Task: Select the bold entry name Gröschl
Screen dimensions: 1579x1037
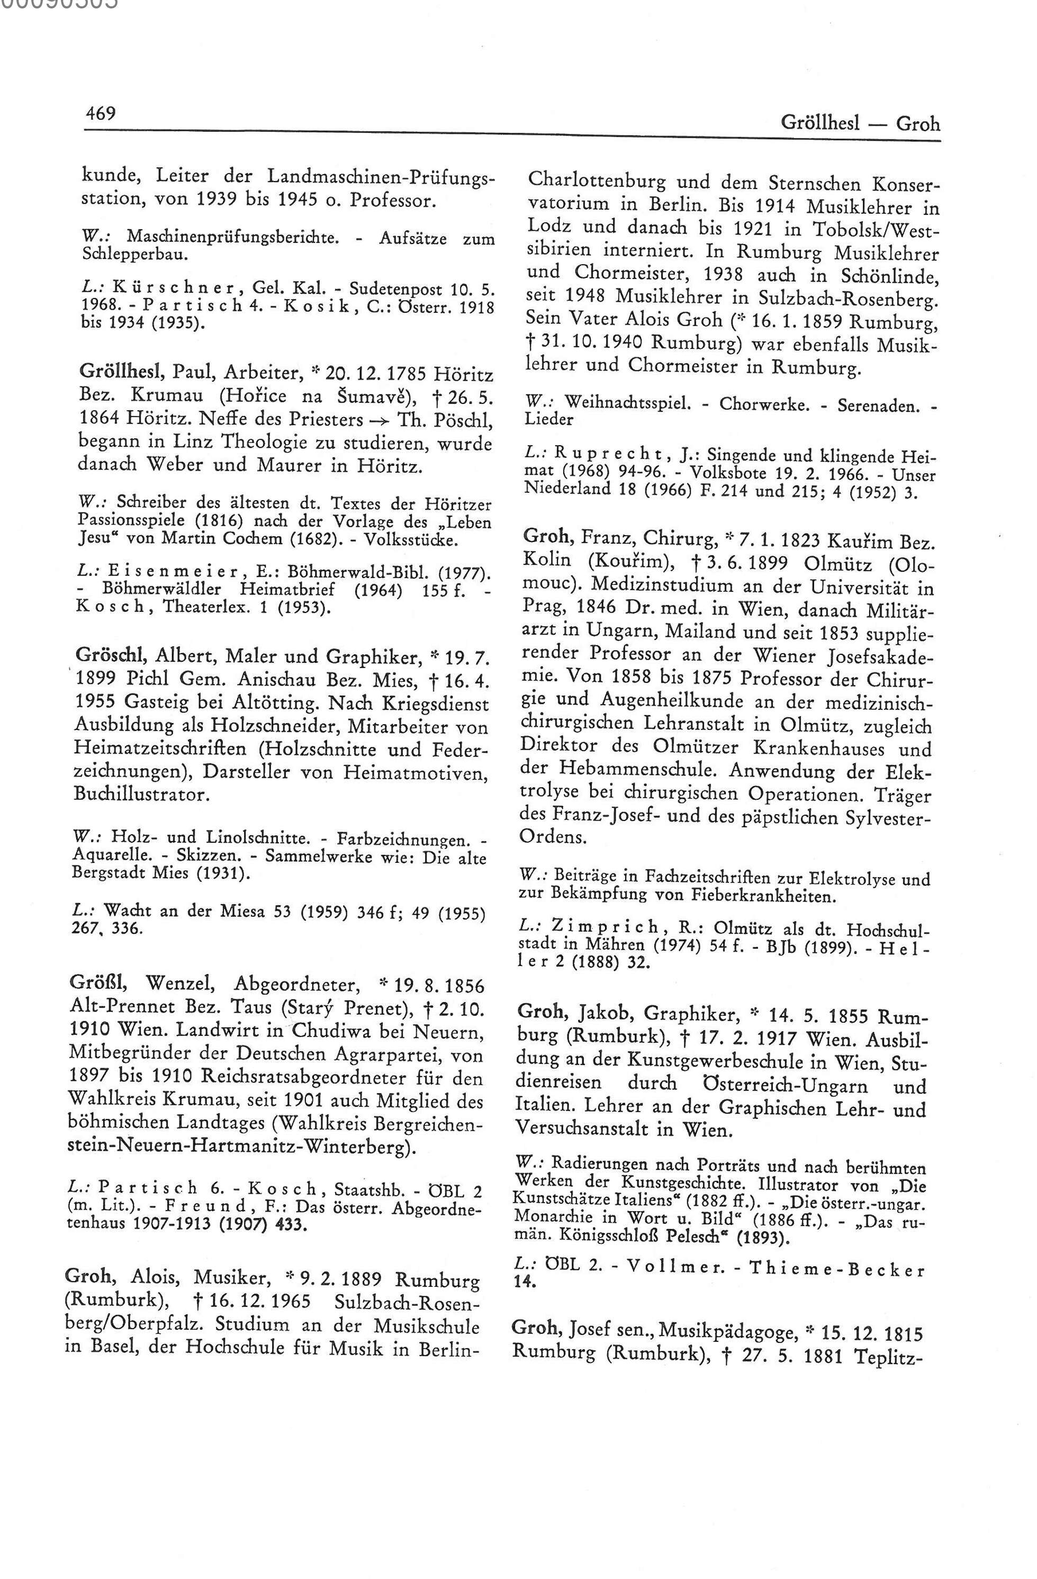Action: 112,655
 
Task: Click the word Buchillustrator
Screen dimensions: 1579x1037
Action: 139,794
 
